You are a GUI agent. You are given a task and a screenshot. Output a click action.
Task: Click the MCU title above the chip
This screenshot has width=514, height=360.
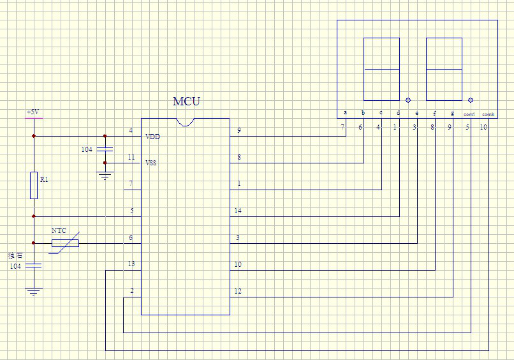click(186, 101)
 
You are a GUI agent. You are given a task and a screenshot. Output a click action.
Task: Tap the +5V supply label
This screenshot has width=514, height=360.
click(33, 113)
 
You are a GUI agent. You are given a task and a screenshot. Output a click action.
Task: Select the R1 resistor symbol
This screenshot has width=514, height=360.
click(34, 185)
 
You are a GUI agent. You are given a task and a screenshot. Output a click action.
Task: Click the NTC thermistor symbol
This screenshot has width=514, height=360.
click(66, 243)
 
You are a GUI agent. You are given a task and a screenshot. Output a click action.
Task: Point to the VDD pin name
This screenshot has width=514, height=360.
click(152, 137)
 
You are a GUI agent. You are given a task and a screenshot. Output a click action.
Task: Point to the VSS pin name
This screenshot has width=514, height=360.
click(151, 163)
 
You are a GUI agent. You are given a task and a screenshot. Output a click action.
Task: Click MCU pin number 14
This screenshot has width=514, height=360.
click(238, 211)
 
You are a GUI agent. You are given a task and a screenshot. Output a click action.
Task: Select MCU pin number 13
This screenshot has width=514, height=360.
click(131, 264)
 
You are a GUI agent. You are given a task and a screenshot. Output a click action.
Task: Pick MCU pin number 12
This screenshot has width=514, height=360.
click(238, 291)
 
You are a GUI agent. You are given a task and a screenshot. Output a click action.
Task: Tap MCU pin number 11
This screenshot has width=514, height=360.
click(131, 157)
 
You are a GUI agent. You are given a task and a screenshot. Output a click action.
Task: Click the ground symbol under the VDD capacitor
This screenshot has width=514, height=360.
click(105, 174)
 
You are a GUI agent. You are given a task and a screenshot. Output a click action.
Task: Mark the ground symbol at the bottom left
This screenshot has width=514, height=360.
click(34, 292)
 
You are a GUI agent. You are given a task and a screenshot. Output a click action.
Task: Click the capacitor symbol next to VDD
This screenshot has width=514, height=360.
click(105, 149)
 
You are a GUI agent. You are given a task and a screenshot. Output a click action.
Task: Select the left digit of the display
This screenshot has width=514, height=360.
click(381, 69)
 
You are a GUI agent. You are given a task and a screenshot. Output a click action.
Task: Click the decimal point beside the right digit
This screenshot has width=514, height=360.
click(471, 100)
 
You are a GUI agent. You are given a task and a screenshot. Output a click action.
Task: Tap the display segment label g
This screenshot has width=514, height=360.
click(452, 113)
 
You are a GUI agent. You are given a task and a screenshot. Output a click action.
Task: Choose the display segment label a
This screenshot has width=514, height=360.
click(345, 113)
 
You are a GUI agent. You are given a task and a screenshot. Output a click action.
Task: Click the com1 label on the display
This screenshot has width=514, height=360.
click(469, 114)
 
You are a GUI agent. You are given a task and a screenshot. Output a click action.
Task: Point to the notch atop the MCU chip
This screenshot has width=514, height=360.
click(186, 122)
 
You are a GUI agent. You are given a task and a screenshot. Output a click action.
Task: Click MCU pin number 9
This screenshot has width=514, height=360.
click(239, 130)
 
